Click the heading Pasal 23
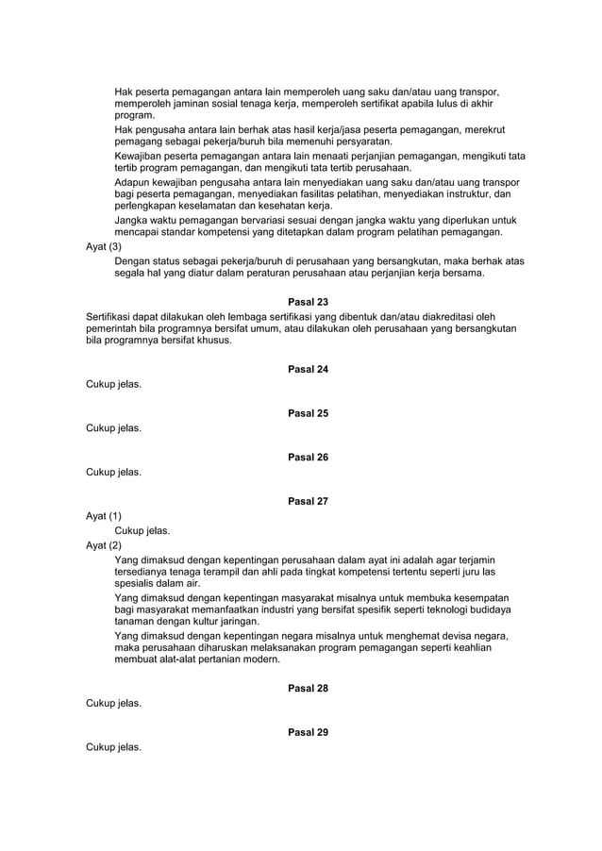point(308,302)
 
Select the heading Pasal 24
point(308,369)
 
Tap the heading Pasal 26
point(308,458)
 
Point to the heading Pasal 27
point(308,501)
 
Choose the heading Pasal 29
point(308,732)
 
